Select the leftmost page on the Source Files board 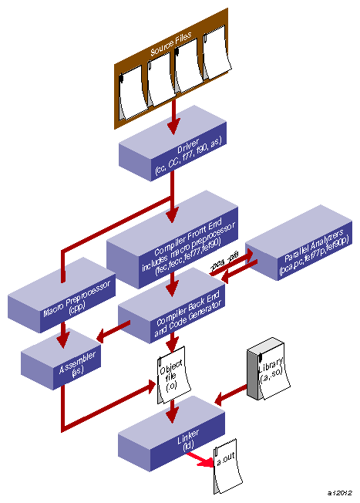[x=132, y=89]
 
